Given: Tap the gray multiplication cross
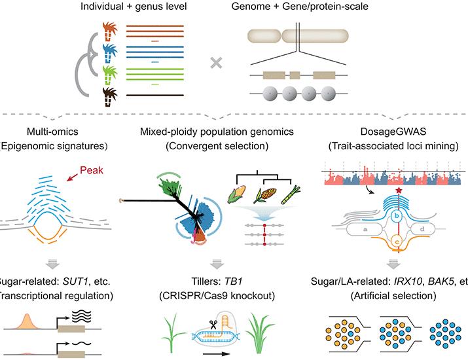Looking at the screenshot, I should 214,63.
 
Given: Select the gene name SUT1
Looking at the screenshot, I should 67,282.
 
